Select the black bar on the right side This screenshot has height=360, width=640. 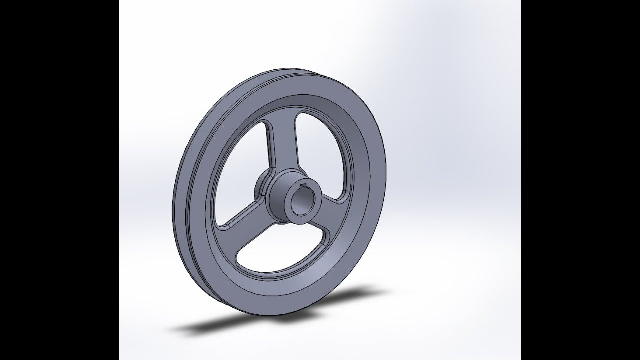point(580,180)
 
